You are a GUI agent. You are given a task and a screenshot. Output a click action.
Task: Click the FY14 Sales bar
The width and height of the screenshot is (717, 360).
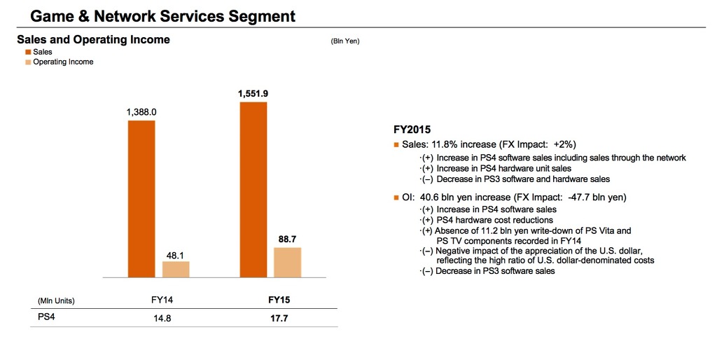coord(141,200)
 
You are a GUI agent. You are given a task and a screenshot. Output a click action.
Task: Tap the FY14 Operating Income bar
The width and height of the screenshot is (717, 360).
coord(176,270)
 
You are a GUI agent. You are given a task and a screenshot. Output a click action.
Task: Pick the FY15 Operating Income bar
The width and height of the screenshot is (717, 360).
coord(287,263)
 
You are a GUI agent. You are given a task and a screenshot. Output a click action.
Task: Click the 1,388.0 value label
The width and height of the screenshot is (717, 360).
coord(141,111)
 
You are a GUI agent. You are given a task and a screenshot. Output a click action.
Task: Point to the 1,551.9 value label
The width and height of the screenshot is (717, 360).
coord(253,93)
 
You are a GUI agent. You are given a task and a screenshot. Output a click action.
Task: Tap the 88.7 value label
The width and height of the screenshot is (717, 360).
coord(287,239)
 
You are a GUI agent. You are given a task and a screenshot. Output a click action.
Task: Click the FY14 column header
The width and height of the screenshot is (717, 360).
coord(162,300)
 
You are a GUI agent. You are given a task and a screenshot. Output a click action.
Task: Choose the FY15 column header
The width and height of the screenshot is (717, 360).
coord(279,300)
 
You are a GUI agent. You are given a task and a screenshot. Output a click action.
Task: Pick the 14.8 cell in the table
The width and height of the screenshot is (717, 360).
coord(162,318)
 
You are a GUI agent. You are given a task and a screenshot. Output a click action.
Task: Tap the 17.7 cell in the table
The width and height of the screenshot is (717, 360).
coord(279,318)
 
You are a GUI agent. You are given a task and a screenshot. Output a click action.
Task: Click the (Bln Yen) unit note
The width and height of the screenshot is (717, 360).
coord(344,41)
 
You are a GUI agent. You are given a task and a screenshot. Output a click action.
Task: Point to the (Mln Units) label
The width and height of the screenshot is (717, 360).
coord(56,300)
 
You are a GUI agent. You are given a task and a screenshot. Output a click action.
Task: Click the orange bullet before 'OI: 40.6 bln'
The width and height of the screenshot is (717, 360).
coord(396,198)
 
